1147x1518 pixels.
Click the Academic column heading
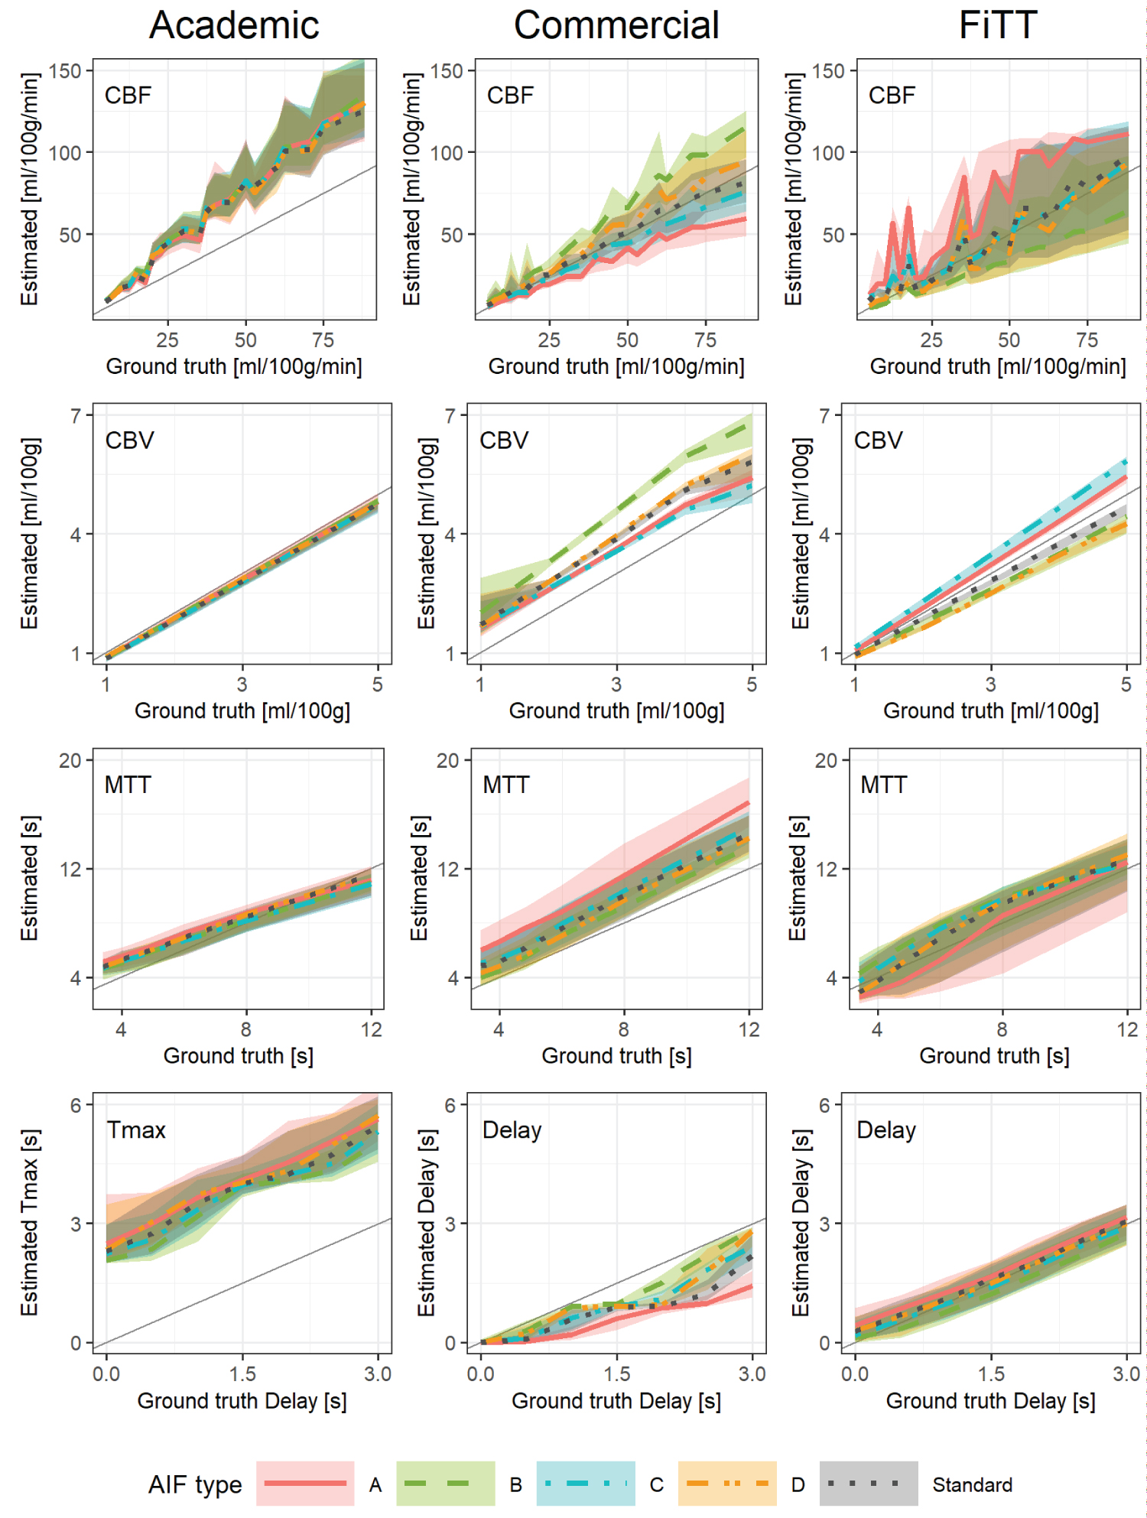pyautogui.click(x=234, y=25)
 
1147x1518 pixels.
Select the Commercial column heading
pyautogui.click(x=616, y=25)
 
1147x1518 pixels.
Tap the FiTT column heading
pyautogui.click(x=998, y=25)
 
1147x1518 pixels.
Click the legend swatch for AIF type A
pyautogui.click(x=305, y=1484)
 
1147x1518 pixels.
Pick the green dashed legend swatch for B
pyautogui.click(x=445, y=1484)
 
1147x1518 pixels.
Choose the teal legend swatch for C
pyautogui.click(x=586, y=1484)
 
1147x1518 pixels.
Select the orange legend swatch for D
pyautogui.click(x=727, y=1484)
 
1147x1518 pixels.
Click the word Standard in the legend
pyautogui.click(x=972, y=1485)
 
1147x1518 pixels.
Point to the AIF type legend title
pyautogui.click(x=195, y=1484)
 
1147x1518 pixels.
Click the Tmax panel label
pyautogui.click(x=136, y=1130)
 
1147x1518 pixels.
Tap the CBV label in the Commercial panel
pyautogui.click(x=504, y=440)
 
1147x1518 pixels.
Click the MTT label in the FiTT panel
pyautogui.click(x=883, y=785)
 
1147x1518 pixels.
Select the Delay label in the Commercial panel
pyautogui.click(x=512, y=1130)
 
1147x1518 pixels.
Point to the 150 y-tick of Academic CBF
pyautogui.click(x=65, y=71)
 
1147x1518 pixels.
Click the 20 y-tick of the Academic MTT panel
pyautogui.click(x=70, y=761)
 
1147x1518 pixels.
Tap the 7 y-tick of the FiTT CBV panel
pyautogui.click(x=824, y=416)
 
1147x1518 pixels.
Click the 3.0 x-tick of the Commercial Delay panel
pyautogui.click(x=752, y=1374)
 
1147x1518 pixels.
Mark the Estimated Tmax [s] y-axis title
pyautogui.click(x=29, y=1222)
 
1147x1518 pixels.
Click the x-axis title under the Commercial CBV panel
pyautogui.click(x=616, y=711)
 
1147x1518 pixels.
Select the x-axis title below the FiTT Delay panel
pyautogui.click(x=990, y=1401)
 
